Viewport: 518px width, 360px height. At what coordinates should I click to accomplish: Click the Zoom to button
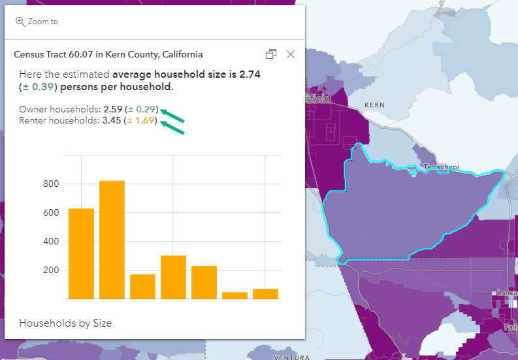coord(37,22)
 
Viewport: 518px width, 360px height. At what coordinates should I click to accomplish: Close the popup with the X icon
coord(291,54)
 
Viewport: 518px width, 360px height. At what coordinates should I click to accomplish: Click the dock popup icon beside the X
coord(271,54)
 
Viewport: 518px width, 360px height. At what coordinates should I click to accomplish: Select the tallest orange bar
coord(112,240)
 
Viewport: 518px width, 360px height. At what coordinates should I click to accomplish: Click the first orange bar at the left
coord(81,254)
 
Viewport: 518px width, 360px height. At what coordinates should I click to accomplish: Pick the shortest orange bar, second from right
coord(235,295)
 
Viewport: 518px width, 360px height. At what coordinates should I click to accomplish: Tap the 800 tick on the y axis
coord(51,184)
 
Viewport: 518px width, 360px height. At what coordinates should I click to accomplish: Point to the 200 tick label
coord(51,270)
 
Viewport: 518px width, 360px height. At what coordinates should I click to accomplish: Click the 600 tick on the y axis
coord(51,213)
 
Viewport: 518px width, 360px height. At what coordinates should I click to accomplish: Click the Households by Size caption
coord(65,323)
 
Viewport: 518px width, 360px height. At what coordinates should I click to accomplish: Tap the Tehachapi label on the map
coord(438,167)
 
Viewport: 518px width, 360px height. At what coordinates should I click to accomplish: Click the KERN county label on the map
coord(374,105)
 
